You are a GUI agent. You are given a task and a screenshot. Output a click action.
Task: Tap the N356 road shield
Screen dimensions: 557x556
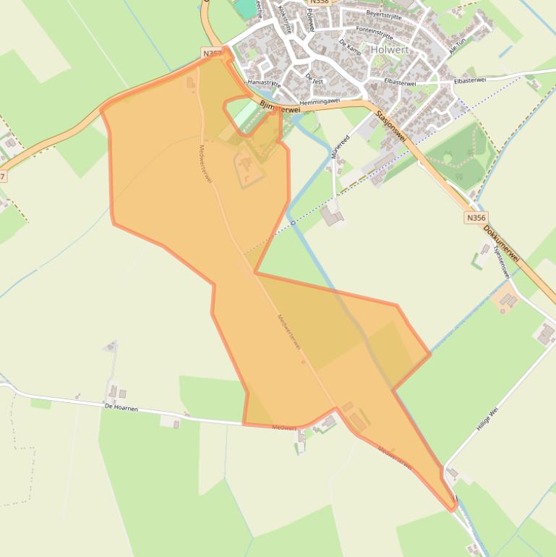pyautogui.click(x=476, y=217)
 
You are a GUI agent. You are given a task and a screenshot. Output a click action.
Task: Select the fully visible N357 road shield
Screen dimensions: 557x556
pyautogui.click(x=213, y=54)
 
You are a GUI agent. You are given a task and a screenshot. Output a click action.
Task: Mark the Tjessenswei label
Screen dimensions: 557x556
pyautogui.click(x=500, y=261)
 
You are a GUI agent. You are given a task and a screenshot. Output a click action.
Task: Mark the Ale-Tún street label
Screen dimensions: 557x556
pyautogui.click(x=458, y=46)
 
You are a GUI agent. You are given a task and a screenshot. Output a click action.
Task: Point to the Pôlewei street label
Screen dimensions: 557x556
pyautogui.click(x=311, y=22)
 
